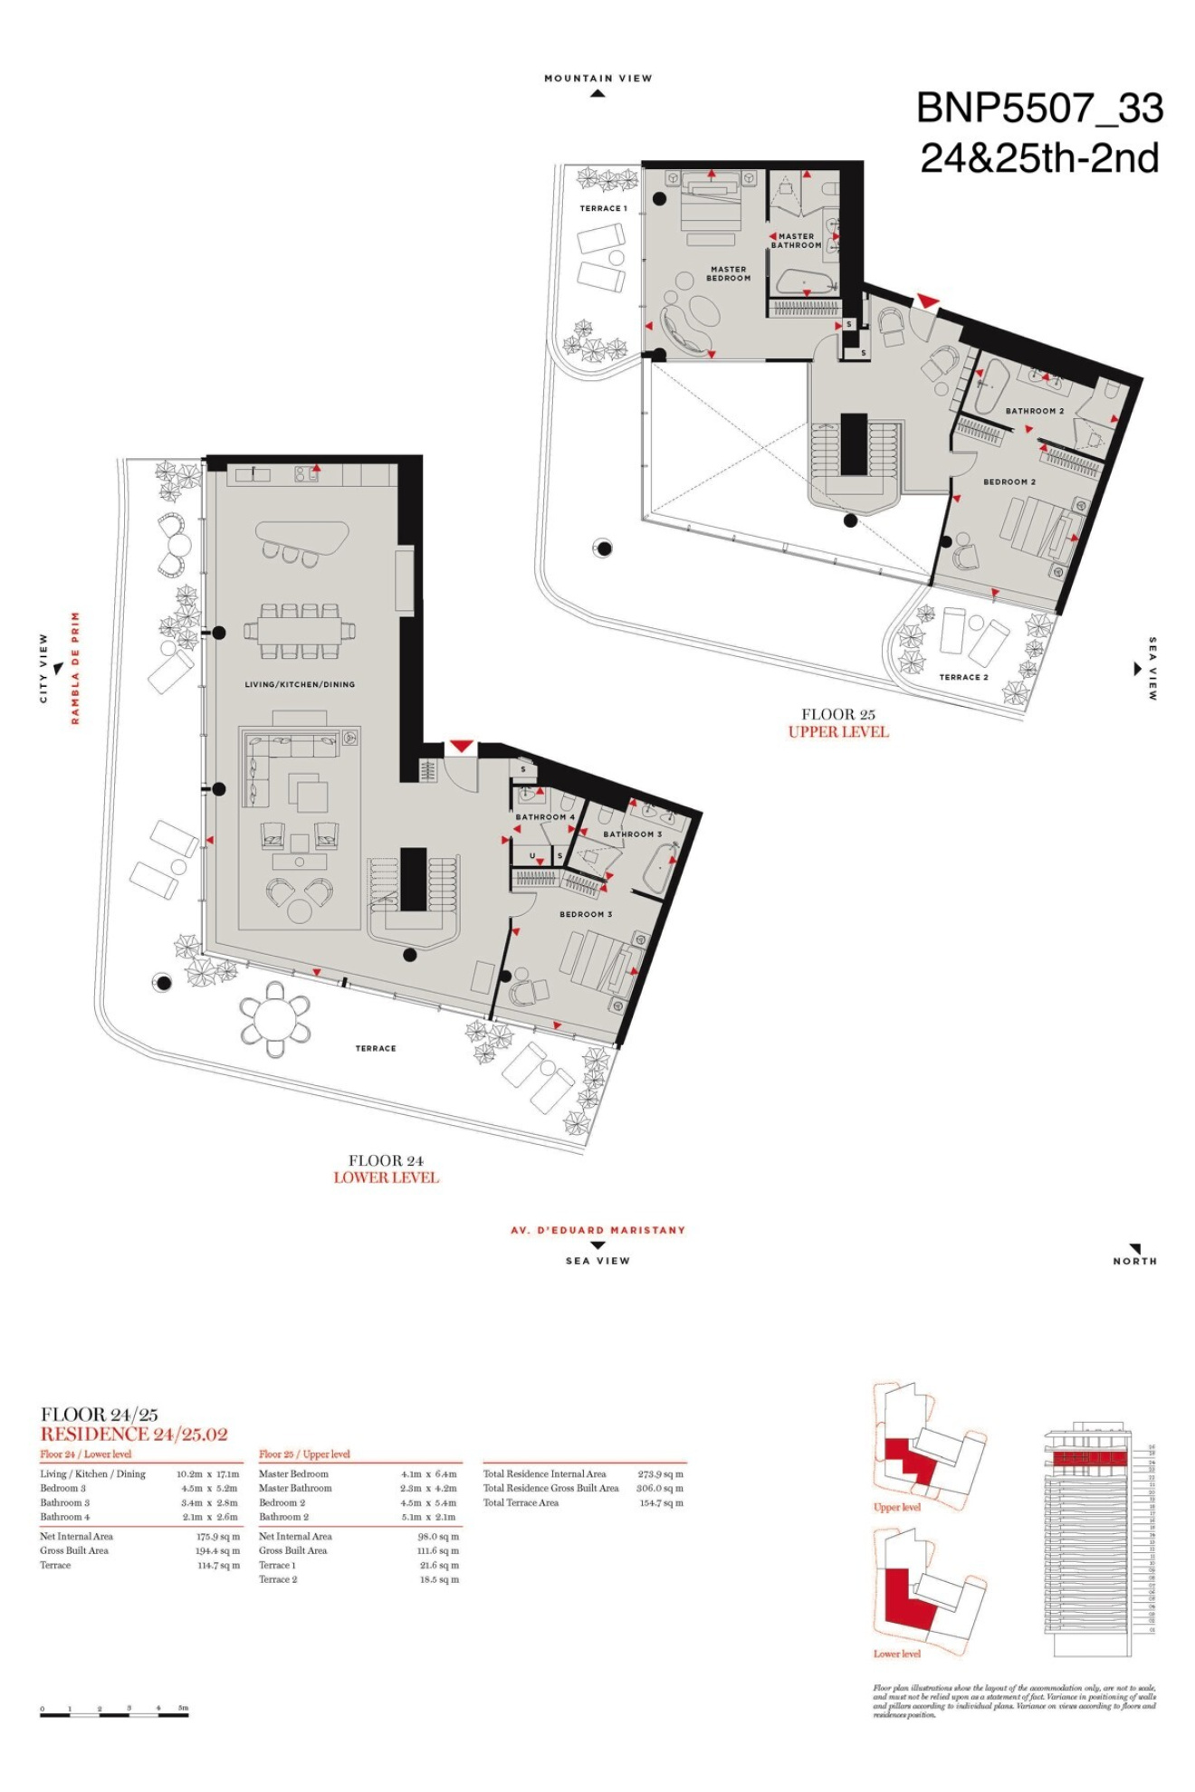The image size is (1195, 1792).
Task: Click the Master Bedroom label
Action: [728, 273]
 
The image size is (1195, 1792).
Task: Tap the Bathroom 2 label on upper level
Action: [1034, 411]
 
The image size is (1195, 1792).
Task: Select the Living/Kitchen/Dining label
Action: [300, 684]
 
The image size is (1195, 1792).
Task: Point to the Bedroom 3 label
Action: [585, 914]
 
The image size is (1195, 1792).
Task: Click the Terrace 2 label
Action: [963, 677]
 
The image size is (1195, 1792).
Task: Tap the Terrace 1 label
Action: [603, 208]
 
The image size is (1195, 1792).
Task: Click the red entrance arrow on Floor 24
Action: [461, 746]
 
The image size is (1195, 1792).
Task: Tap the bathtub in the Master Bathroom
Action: [805, 282]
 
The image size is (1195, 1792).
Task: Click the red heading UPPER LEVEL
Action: [838, 732]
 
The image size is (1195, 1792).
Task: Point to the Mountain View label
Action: [597, 79]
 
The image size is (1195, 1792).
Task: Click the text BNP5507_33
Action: [1039, 109]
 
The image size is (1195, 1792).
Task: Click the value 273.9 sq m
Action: [660, 1474]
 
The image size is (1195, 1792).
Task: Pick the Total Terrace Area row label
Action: [521, 1503]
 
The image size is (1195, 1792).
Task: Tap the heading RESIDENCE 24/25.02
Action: [134, 1435]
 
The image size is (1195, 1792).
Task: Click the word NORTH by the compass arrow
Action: [1134, 1261]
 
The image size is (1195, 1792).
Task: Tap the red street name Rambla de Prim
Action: [76, 668]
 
